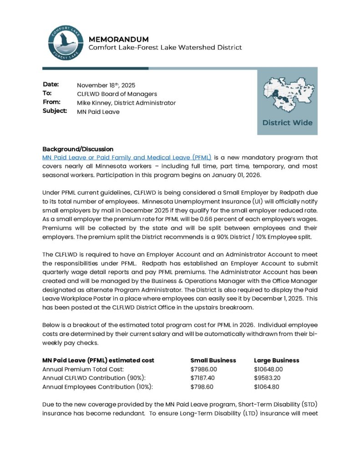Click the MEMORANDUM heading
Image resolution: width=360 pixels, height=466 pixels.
(x=118, y=39)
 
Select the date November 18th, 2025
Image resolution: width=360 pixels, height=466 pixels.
(x=106, y=85)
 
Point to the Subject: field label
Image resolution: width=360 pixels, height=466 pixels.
(x=55, y=111)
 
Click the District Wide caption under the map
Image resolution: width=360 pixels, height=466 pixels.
(x=287, y=123)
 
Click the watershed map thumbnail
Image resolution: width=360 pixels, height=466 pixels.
(x=287, y=96)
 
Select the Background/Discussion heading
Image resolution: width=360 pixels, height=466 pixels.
(x=78, y=149)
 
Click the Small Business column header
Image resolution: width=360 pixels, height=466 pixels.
(x=213, y=360)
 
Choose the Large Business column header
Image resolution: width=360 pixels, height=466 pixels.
(x=276, y=360)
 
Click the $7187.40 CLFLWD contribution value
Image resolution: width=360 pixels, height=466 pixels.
(x=203, y=378)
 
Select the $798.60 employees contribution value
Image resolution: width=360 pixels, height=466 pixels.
(x=201, y=387)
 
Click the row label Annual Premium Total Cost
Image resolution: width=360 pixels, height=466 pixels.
(x=83, y=369)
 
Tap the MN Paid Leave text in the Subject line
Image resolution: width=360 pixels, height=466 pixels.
(x=98, y=112)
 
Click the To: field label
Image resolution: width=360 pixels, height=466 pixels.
(x=47, y=93)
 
